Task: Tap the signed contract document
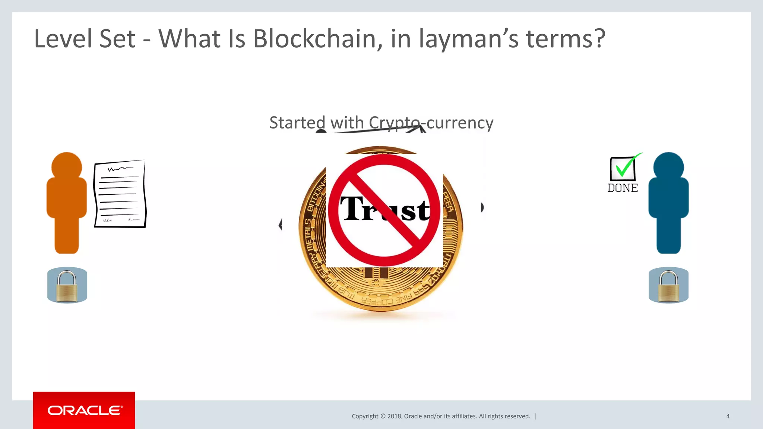(120, 194)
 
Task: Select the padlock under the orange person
(67, 285)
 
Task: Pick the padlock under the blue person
(668, 285)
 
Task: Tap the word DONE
(623, 188)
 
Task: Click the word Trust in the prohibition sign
(384, 209)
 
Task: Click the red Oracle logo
(84, 410)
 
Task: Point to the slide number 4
(728, 416)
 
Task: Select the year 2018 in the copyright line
(394, 416)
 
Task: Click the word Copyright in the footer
(365, 416)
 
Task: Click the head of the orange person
(67, 166)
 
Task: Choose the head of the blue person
(668, 166)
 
